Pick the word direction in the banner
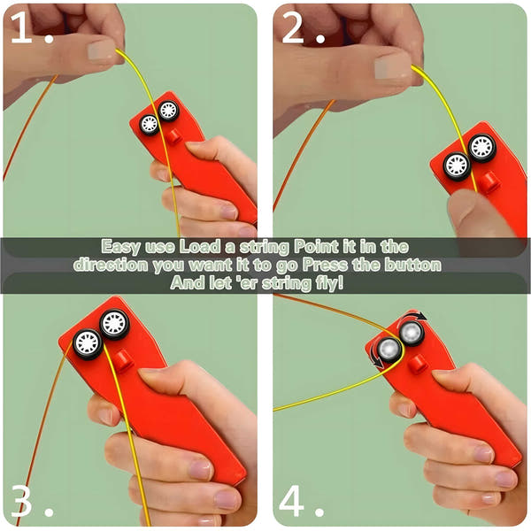(112, 265)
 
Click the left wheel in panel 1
(149, 124)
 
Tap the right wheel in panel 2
(482, 147)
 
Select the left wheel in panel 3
(88, 342)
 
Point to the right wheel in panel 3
(115, 324)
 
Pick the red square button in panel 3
(124, 359)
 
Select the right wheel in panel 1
(168, 112)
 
